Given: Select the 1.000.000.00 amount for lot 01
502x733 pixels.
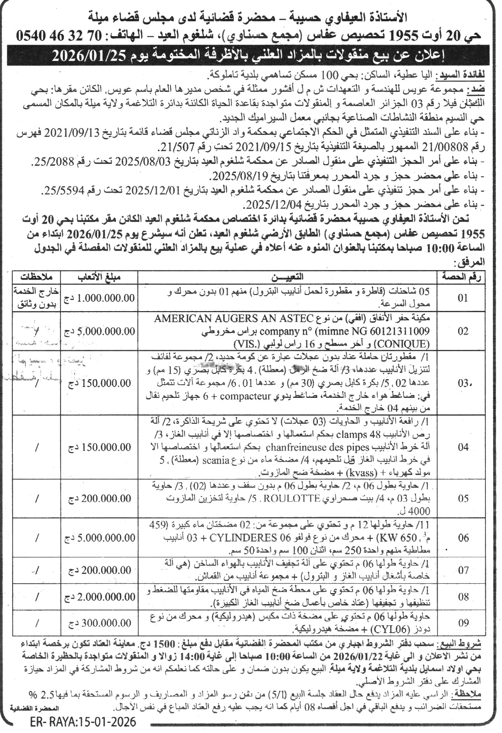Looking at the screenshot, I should (102, 298).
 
